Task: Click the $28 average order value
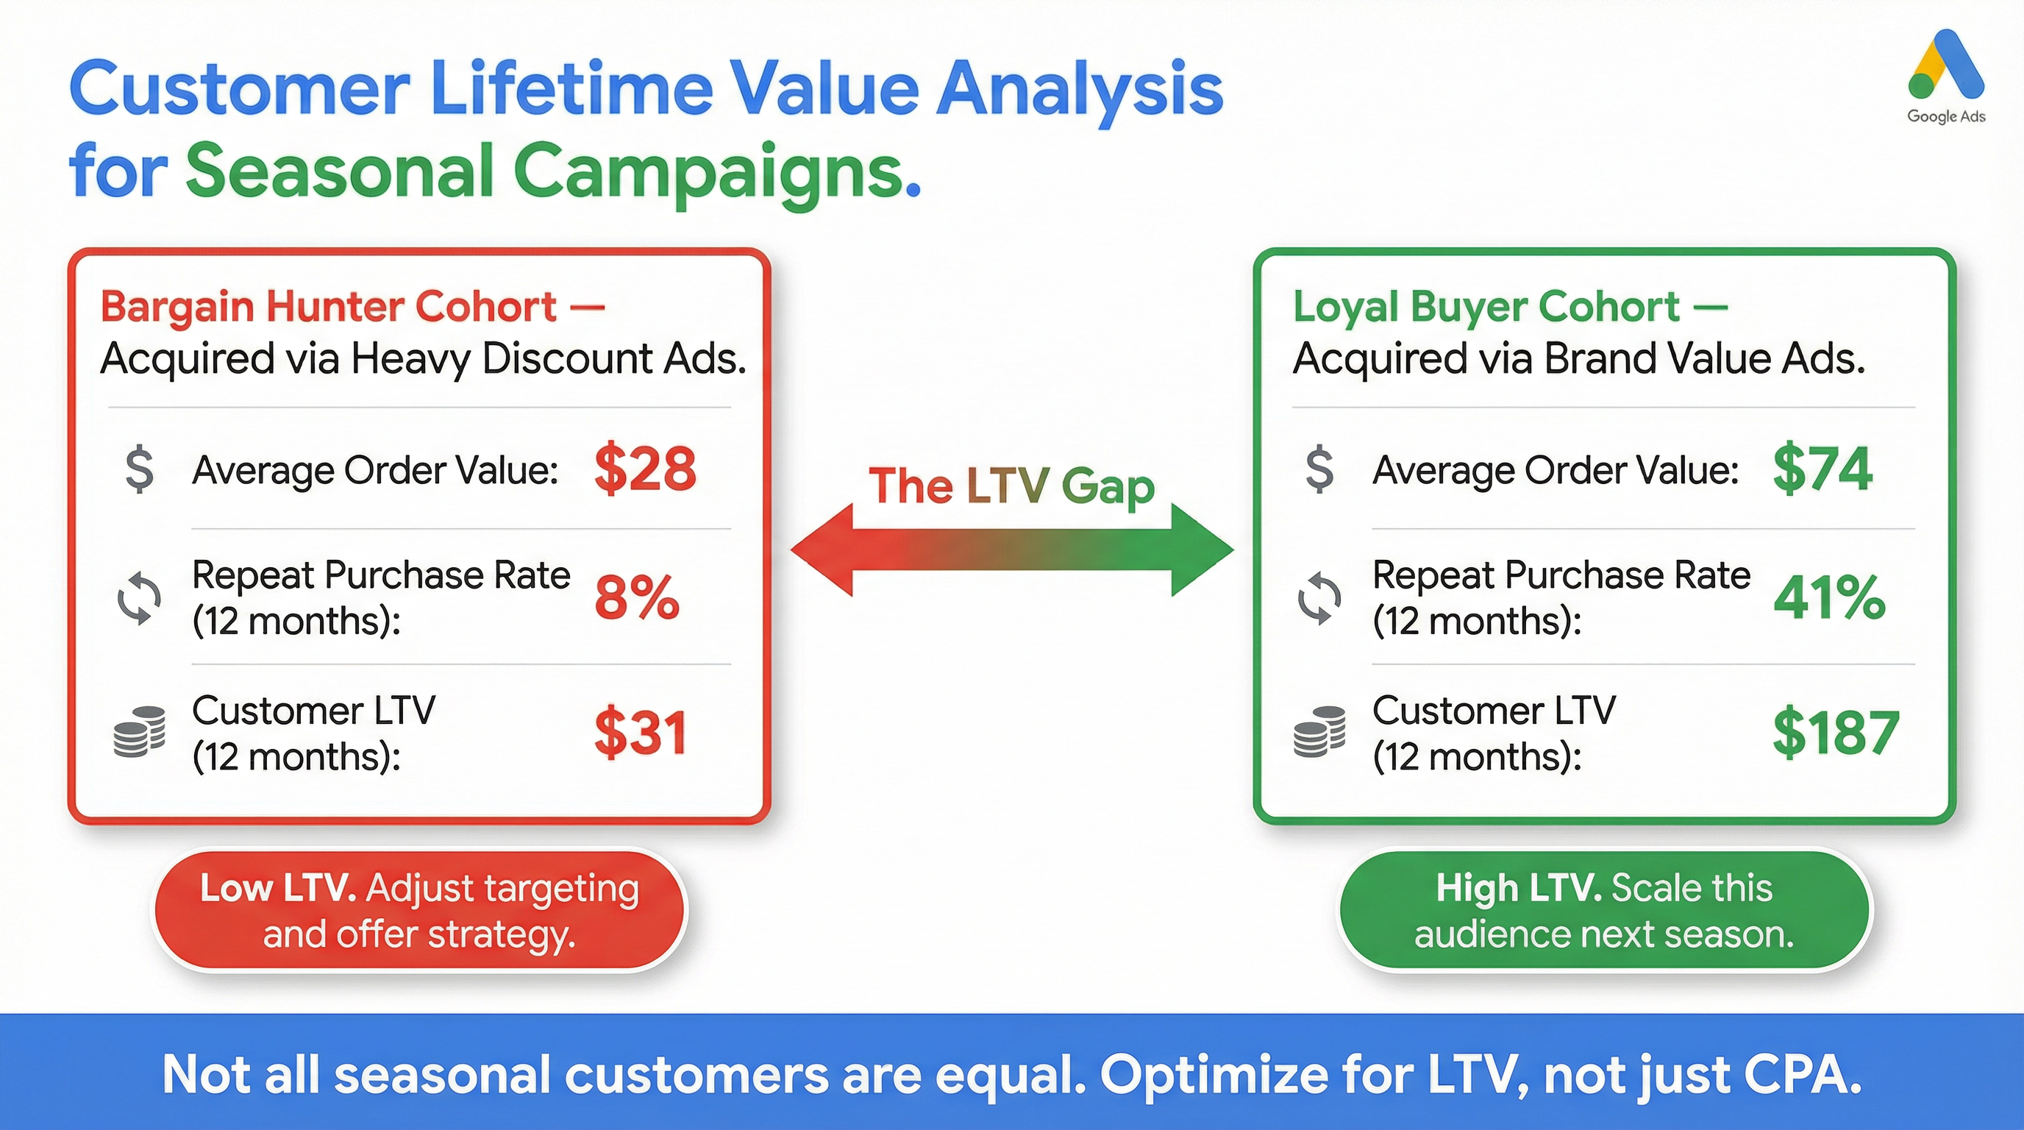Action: click(x=645, y=469)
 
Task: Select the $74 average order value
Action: click(x=1823, y=469)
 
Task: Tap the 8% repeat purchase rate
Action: click(x=636, y=597)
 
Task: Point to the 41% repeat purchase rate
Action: click(x=1829, y=597)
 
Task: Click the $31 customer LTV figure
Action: click(x=641, y=733)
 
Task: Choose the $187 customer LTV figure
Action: click(x=1836, y=733)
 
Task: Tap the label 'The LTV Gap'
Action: click(x=1011, y=486)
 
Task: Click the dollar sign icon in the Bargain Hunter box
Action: click(x=140, y=469)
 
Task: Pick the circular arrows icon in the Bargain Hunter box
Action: click(x=139, y=599)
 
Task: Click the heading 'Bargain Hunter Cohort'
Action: click(x=329, y=307)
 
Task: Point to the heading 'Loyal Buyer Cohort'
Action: click(x=1486, y=307)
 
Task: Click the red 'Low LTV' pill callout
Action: click(x=418, y=911)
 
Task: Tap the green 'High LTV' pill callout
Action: click(x=1605, y=911)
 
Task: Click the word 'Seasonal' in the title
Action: click(x=338, y=171)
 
